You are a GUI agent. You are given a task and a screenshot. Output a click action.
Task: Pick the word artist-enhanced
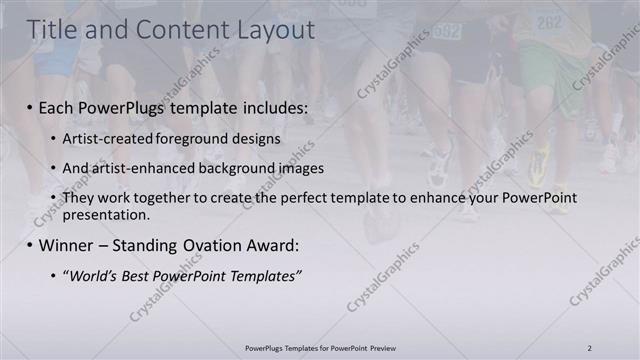pos(143,168)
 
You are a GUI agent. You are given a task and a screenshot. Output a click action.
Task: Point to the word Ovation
pos(206,245)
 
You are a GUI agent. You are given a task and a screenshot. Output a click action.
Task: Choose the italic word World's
pos(93,275)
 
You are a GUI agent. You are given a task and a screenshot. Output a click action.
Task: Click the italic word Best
pos(144,275)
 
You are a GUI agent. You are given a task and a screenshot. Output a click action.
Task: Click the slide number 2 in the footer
pos(590,347)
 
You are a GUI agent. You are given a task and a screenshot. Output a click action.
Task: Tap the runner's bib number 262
pos(550,21)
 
